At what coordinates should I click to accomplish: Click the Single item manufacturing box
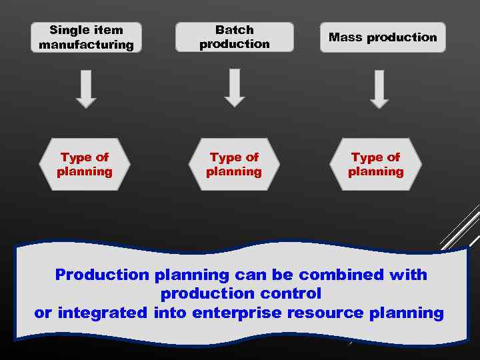point(86,37)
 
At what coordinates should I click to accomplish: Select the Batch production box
point(234,37)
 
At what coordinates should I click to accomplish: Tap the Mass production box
point(383,37)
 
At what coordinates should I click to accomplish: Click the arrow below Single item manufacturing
point(86,89)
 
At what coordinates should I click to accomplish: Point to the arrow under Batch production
point(235,88)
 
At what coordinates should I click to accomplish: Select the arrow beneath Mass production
point(379,89)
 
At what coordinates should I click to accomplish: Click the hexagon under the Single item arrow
point(85,165)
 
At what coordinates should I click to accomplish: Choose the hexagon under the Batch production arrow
point(234,165)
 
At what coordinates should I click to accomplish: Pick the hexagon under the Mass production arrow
point(376,165)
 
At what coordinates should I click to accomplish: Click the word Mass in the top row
point(345,37)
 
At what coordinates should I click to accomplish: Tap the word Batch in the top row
point(235,30)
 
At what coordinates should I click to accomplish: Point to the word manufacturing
point(86,45)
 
